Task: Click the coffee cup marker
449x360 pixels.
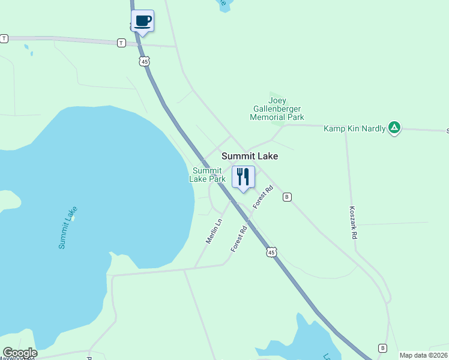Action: point(142,22)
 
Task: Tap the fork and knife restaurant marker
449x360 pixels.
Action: point(243,177)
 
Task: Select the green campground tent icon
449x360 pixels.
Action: point(394,128)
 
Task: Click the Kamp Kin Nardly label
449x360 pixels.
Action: point(354,128)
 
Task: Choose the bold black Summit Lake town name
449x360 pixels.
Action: point(250,156)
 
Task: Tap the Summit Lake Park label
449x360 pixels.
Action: point(208,175)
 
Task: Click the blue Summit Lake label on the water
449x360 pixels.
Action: point(68,228)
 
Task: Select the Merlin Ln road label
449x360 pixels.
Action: point(214,230)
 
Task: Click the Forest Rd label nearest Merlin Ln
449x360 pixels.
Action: point(240,238)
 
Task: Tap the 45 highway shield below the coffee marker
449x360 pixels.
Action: point(143,61)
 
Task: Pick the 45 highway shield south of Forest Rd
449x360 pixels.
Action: point(272,253)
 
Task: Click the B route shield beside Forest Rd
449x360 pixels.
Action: point(288,197)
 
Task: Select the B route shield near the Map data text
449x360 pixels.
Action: point(382,348)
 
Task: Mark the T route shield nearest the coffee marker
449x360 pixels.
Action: point(121,43)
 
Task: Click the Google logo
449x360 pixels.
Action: point(20,353)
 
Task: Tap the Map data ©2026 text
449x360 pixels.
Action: point(423,355)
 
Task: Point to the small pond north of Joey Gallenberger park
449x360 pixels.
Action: point(223,5)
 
